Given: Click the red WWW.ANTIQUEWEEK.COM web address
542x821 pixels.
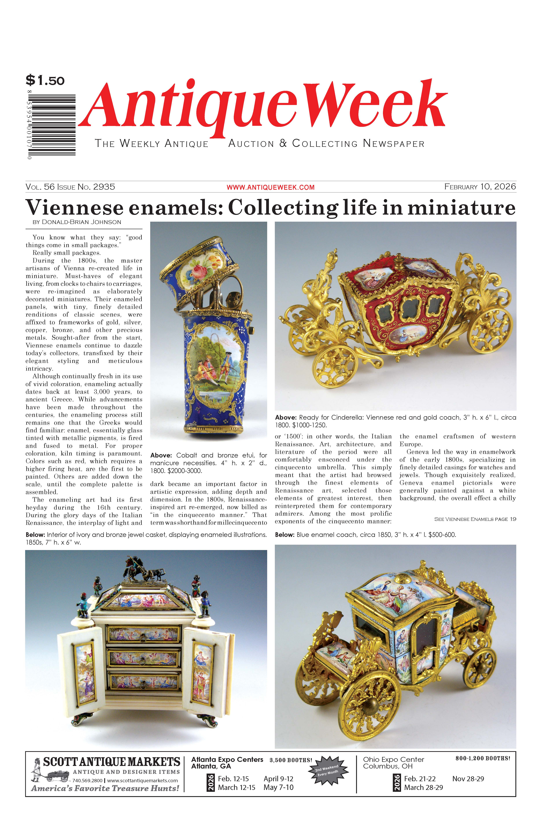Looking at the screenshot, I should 270,187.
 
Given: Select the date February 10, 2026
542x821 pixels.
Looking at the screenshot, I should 480,187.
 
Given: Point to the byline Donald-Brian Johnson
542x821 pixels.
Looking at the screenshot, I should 77,222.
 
